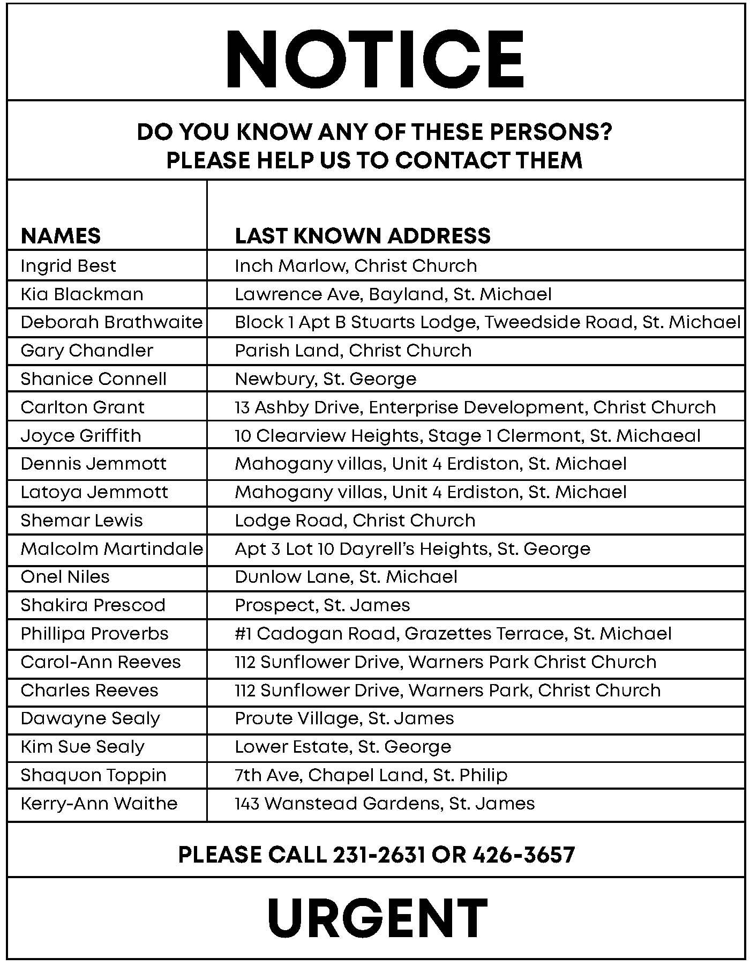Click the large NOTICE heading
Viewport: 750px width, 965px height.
click(x=374, y=58)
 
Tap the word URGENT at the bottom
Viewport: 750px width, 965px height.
click(x=377, y=918)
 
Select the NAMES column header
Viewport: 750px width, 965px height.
click(x=61, y=236)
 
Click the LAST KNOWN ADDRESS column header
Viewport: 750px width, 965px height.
click(x=363, y=236)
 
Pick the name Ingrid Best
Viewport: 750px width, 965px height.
click(x=68, y=266)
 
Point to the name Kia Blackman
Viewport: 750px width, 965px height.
click(x=82, y=294)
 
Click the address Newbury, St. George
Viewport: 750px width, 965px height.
click(x=325, y=379)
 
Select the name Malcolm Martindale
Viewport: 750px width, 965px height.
click(x=111, y=549)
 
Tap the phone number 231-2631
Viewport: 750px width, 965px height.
click(x=379, y=855)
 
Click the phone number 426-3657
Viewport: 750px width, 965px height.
click(x=523, y=855)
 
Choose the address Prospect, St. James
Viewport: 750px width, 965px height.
click(x=322, y=605)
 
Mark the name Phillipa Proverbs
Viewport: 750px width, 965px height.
click(x=94, y=634)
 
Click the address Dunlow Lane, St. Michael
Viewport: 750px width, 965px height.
click(x=346, y=577)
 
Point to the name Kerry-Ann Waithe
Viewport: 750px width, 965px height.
click(x=99, y=804)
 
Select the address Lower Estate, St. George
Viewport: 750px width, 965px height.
click(x=343, y=747)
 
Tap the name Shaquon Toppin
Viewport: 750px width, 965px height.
click(x=93, y=775)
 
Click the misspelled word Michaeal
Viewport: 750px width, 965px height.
click(x=658, y=435)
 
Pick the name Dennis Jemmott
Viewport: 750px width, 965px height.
click(x=93, y=464)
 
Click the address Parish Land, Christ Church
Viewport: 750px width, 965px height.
click(x=353, y=351)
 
